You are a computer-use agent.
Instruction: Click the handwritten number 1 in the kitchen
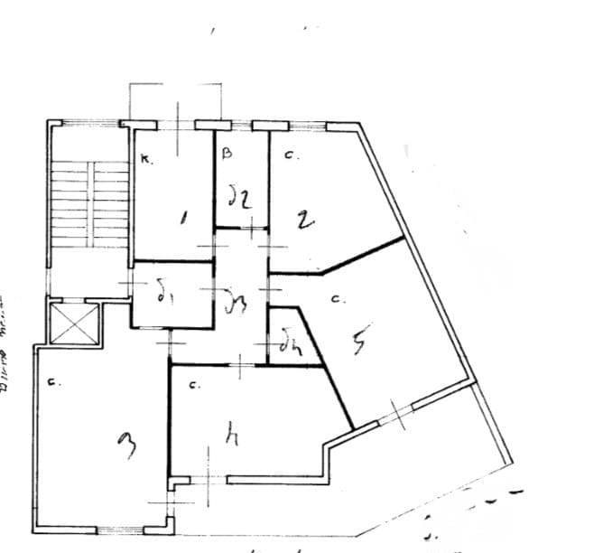point(184,218)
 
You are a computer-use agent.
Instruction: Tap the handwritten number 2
point(305,220)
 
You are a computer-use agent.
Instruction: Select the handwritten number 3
point(128,444)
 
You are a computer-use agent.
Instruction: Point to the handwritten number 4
point(232,437)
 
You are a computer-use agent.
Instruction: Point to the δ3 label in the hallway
point(236,299)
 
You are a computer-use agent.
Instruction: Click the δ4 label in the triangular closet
point(288,345)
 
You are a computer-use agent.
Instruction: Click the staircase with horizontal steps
point(88,203)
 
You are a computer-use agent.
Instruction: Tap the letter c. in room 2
point(290,155)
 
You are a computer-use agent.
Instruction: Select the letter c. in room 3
point(54,382)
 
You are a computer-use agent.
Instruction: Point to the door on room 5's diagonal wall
point(394,414)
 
